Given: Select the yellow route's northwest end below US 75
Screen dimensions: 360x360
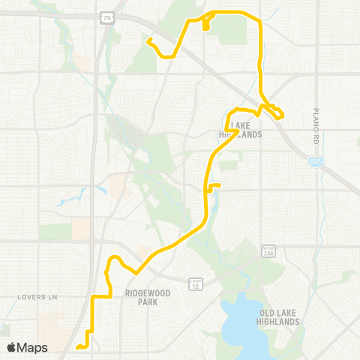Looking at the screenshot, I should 148,39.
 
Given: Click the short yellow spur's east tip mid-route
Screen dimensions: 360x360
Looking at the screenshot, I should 219,185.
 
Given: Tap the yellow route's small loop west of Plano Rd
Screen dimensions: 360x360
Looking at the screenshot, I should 277,112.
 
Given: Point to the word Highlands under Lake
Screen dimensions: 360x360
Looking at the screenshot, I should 241,134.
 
